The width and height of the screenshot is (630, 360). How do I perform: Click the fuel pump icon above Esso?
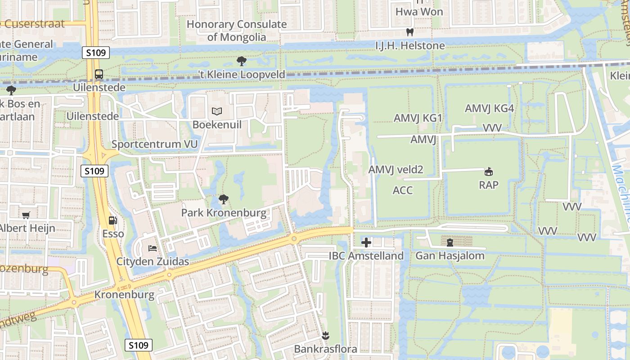[x=113, y=220]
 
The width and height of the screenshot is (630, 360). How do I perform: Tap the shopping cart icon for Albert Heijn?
[x=26, y=216]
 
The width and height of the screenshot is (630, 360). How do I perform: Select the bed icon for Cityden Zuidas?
[x=153, y=248]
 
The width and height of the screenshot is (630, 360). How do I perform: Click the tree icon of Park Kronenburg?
[x=223, y=199]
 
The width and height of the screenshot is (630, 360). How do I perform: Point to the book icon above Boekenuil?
[x=217, y=111]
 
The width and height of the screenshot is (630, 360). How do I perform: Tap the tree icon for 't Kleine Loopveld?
[x=242, y=61]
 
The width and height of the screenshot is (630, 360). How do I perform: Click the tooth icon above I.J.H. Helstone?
[x=409, y=32]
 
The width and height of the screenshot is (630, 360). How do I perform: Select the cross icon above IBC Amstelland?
[x=366, y=243]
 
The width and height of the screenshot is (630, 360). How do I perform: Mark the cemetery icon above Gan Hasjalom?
[x=450, y=243]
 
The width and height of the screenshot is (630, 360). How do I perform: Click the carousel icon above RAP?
[x=488, y=171]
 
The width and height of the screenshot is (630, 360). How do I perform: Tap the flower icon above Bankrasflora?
[x=325, y=335]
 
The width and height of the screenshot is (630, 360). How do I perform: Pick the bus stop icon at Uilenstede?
[x=99, y=74]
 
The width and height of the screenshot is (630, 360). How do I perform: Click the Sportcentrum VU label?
[x=154, y=144]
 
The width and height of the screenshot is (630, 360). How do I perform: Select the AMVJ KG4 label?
[x=489, y=108]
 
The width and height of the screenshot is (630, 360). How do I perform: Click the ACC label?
[x=402, y=190]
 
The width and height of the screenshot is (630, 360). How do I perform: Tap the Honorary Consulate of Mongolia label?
[x=237, y=31]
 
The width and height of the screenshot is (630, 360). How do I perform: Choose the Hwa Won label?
[x=419, y=12]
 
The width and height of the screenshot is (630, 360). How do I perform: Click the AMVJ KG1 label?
[x=418, y=118]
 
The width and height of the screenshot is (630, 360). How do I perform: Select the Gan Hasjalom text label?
[x=450, y=256]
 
